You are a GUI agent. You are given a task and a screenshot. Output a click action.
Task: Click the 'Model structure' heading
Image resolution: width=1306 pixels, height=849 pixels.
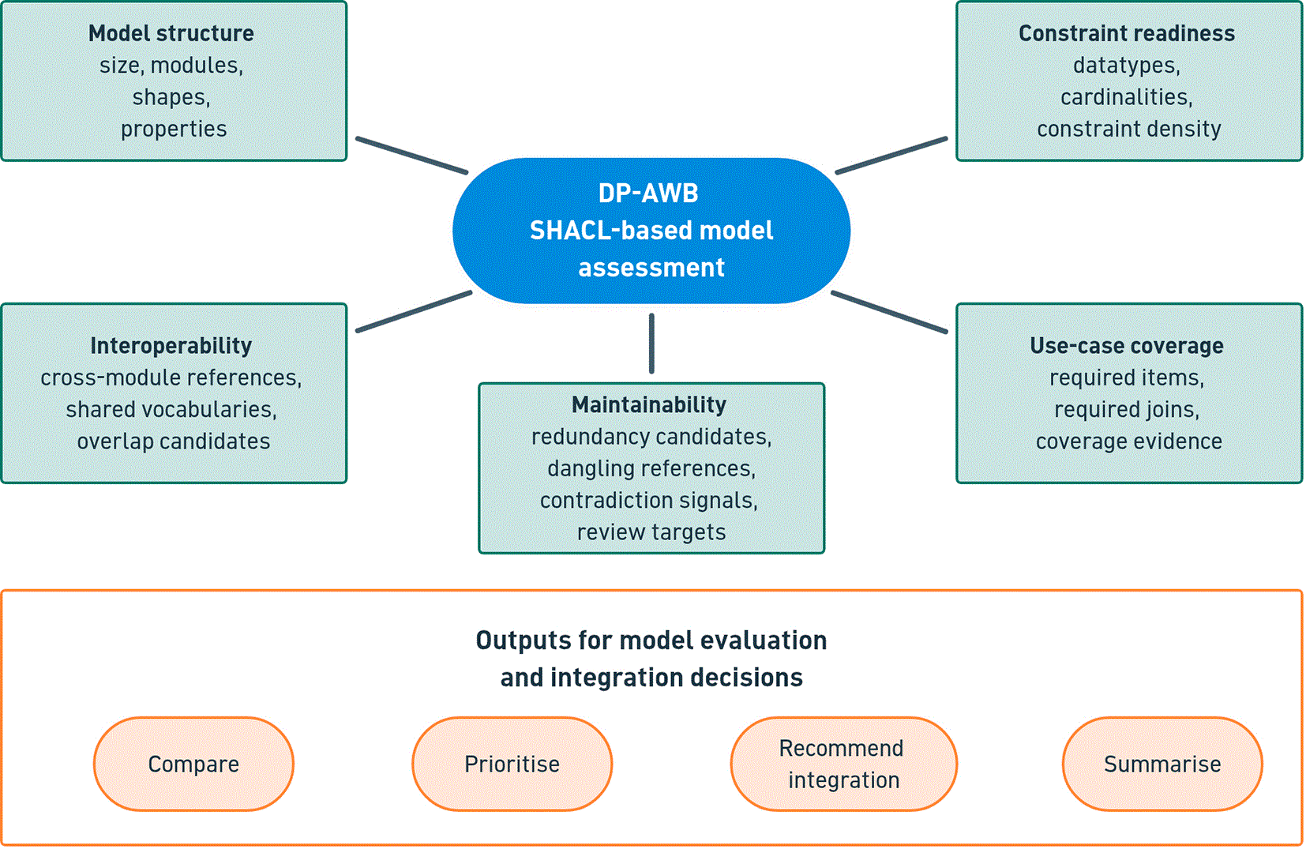point(171,33)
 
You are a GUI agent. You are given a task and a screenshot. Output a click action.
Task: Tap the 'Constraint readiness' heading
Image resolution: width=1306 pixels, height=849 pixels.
point(1127,33)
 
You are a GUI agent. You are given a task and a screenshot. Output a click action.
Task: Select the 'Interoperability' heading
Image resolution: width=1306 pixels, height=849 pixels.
point(171,346)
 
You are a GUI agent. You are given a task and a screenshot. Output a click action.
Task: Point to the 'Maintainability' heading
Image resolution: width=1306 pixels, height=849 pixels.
point(649,404)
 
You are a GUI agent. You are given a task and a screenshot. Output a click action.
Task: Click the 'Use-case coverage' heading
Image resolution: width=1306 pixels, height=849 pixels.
point(1127,346)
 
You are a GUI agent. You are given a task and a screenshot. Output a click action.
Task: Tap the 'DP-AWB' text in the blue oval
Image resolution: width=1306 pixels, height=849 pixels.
point(648,193)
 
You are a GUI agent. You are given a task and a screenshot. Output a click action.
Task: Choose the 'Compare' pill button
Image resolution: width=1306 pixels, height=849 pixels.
point(193,764)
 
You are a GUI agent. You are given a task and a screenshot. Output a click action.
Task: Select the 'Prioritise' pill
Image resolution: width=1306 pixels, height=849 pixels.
point(512,764)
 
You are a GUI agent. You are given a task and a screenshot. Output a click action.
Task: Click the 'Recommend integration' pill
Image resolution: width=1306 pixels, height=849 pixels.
point(843,764)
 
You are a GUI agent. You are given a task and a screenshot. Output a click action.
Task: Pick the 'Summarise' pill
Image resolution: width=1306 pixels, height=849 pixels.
point(1162,764)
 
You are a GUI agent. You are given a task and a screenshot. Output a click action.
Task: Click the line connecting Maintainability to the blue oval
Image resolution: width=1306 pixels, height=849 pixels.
point(651,344)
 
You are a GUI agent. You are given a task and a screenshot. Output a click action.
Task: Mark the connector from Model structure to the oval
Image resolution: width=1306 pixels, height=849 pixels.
point(411,156)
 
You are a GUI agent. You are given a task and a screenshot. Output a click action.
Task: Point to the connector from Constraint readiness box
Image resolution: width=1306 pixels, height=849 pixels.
point(891,156)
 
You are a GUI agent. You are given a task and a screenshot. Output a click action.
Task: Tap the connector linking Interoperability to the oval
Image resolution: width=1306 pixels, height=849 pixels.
point(414,311)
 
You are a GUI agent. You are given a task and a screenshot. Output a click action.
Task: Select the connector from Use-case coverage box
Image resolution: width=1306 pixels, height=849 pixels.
point(889,312)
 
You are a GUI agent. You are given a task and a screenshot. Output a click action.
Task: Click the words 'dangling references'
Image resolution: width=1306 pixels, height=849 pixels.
point(651,468)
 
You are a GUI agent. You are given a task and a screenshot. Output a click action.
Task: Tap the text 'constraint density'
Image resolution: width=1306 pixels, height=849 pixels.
point(1129,129)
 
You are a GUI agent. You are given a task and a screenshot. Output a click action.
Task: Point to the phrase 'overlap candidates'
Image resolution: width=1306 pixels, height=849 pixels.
point(173,441)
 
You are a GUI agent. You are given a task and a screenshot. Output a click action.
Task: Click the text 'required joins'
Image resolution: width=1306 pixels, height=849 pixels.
point(1127,409)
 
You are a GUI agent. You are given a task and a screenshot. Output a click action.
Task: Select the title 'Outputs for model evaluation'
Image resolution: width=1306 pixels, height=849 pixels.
point(651,641)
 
